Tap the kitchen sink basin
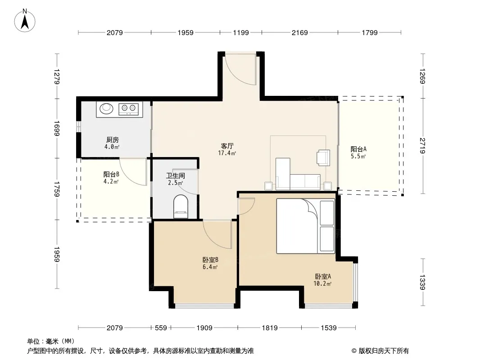[107, 108]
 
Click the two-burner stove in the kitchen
[128, 109]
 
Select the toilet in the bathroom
[181, 207]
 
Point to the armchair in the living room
[324, 157]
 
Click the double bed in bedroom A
[305, 226]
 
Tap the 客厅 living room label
[227, 146]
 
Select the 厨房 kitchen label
[113, 140]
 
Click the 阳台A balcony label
[358, 149]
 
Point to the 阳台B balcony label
[111, 175]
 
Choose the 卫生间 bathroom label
[176, 176]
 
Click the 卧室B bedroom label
[210, 260]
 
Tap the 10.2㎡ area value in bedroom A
[322, 283]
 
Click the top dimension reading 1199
[241, 32]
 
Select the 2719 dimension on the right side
[422, 146]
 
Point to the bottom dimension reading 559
[161, 328]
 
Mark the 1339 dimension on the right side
[422, 282]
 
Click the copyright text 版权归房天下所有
[384, 351]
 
